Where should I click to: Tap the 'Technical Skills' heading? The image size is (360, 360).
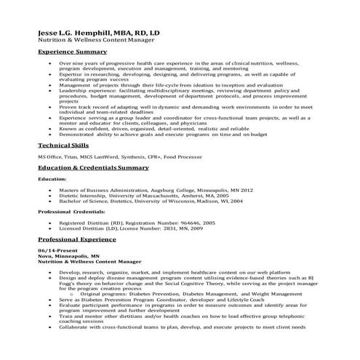click(63, 145)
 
